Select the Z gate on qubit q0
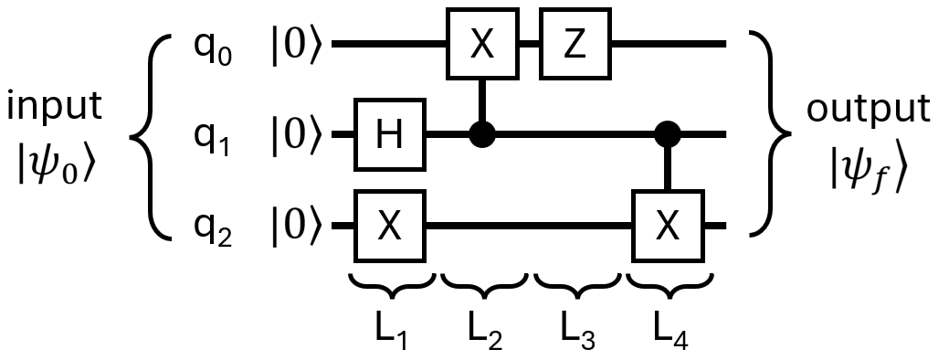[574, 43]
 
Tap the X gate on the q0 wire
[482, 43]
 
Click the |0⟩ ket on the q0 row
[295, 44]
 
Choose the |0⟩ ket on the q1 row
[295, 136]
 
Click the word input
[57, 106]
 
